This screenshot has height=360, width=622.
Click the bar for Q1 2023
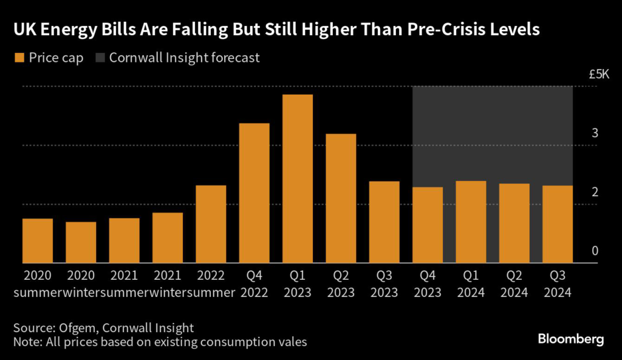pyautogui.click(x=297, y=179)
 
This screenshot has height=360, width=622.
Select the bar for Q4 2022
pyautogui.click(x=254, y=193)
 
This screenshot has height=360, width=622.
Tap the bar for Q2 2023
pyautogui.click(x=341, y=199)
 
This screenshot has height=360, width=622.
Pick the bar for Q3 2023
pyautogui.click(x=384, y=222)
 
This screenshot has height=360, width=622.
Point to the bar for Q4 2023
pyautogui.click(x=428, y=225)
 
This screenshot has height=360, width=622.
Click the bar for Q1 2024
pyautogui.click(x=471, y=222)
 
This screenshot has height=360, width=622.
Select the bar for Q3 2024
pyautogui.click(x=557, y=224)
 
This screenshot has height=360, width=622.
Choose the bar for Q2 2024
pyautogui.click(x=514, y=223)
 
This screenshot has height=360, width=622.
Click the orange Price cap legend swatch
pyautogui.click(x=18, y=58)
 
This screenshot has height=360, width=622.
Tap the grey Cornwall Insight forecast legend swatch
pyautogui.click(x=99, y=58)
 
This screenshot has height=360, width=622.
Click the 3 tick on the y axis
pyautogui.click(x=595, y=133)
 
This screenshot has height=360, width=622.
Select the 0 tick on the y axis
pyautogui.click(x=595, y=251)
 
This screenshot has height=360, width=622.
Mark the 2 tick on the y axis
pyautogui.click(x=595, y=192)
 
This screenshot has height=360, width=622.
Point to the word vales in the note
pyautogui.click(x=292, y=342)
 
